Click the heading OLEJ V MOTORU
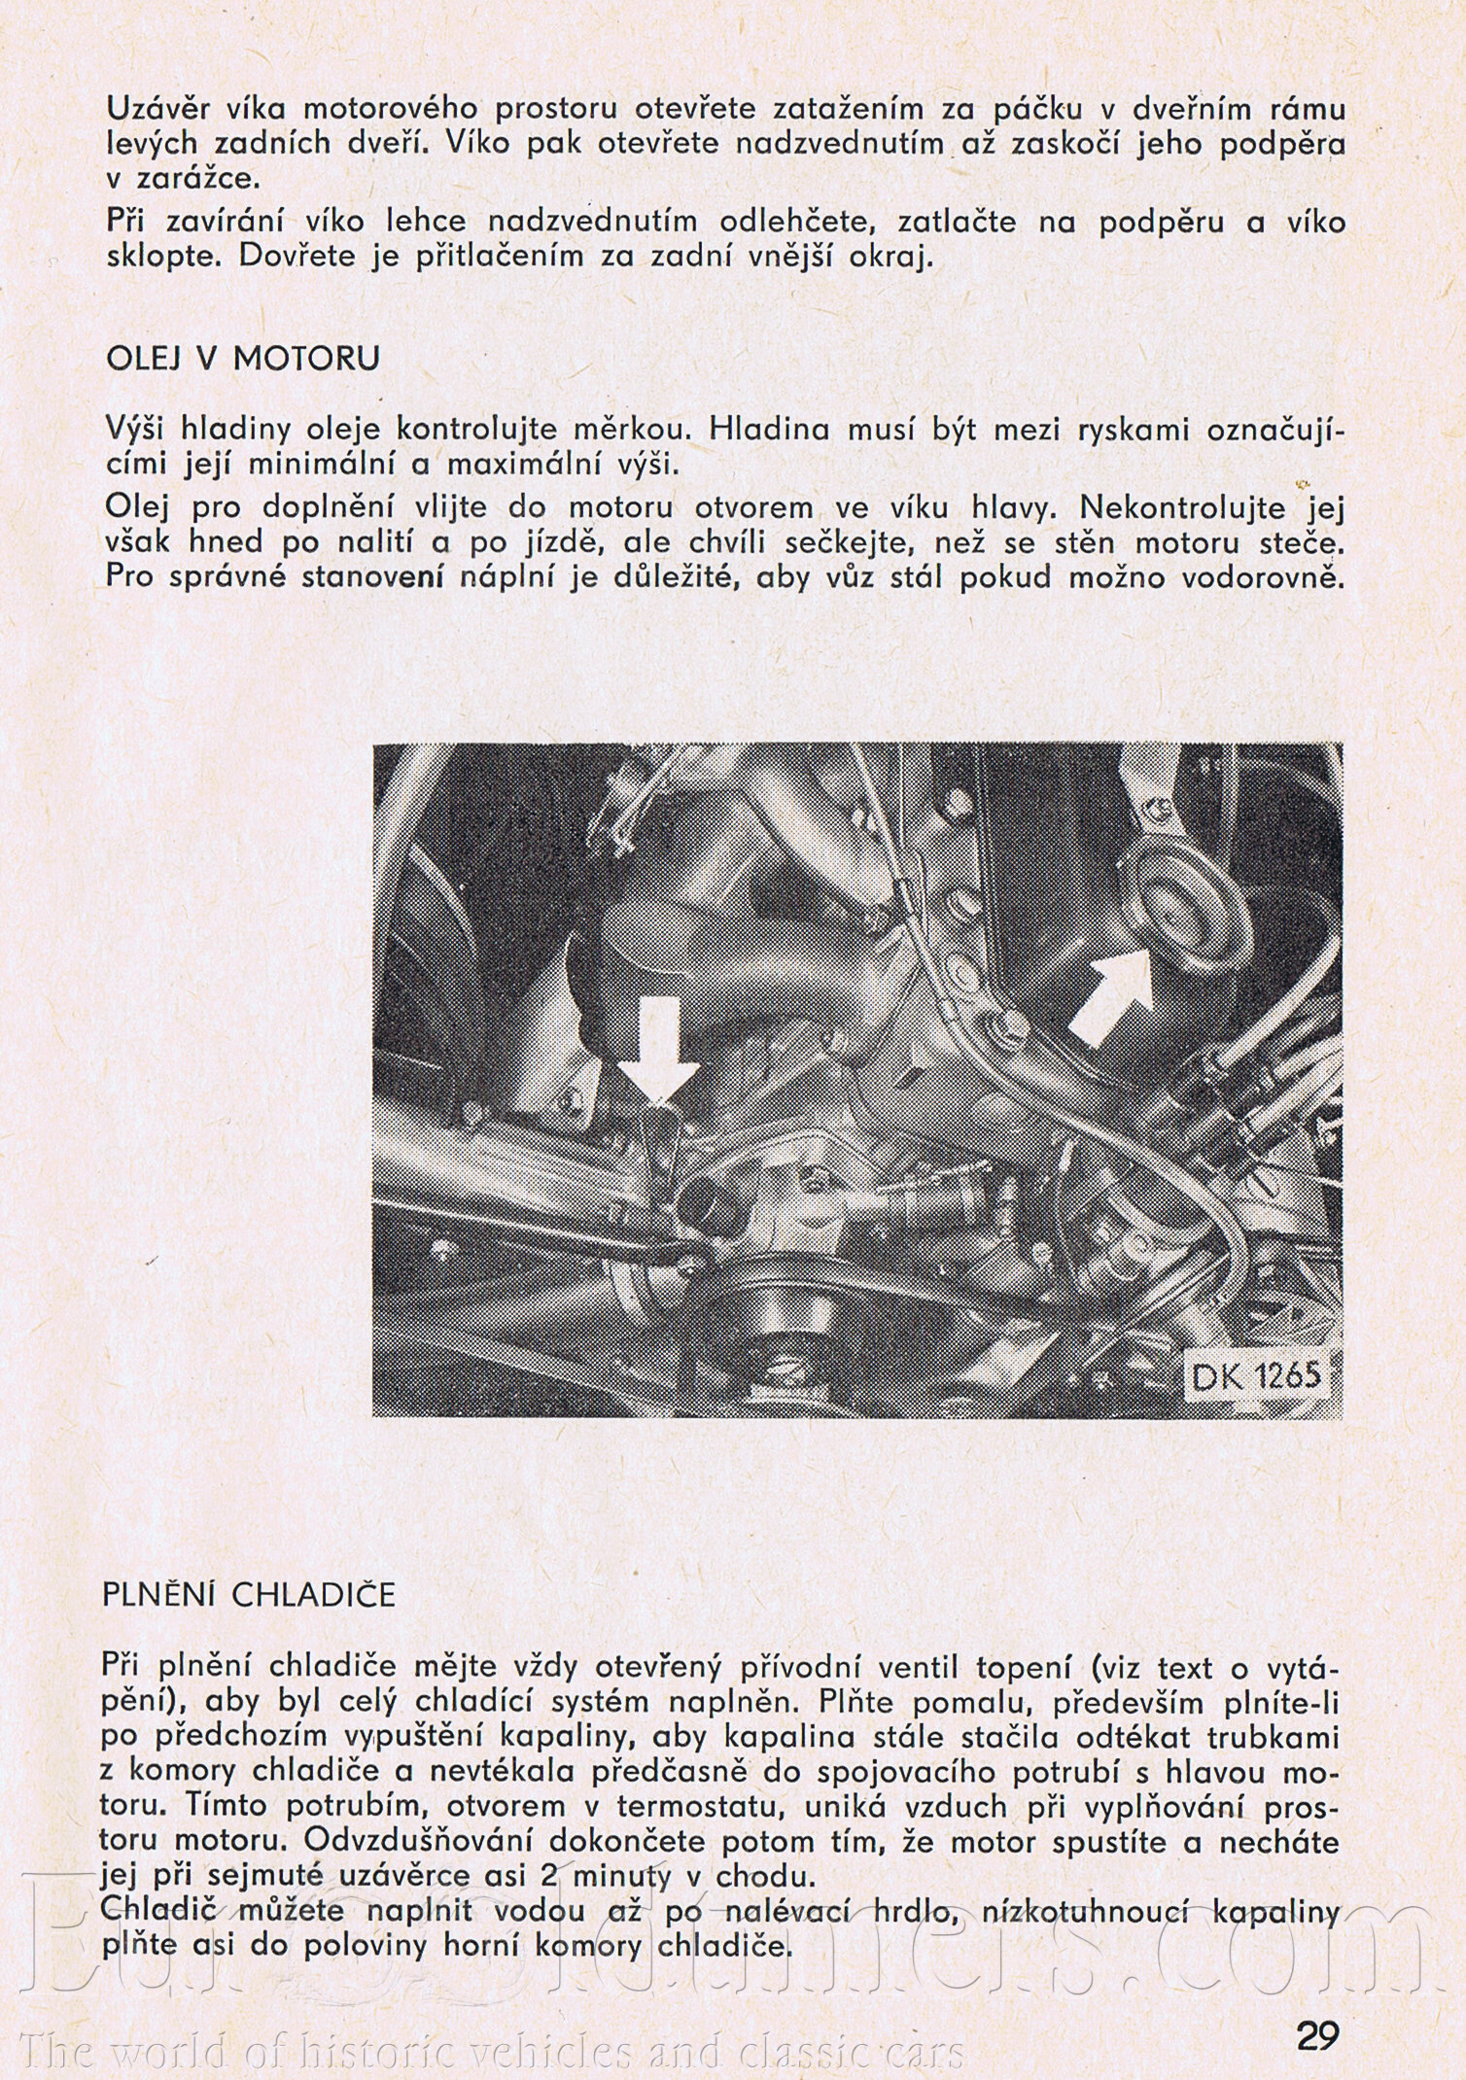click(x=242, y=359)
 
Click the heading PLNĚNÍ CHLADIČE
click(x=249, y=1595)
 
